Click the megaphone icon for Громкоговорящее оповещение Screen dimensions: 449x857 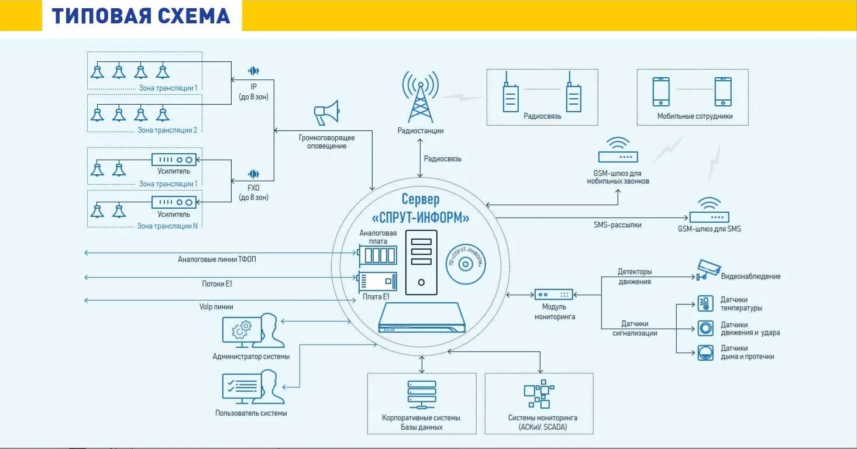(x=326, y=112)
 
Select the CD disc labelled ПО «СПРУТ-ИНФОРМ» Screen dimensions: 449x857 (x=466, y=264)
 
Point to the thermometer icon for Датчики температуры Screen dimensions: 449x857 (x=705, y=303)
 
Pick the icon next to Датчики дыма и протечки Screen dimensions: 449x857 (x=705, y=352)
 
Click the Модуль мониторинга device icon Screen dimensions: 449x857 (x=553, y=295)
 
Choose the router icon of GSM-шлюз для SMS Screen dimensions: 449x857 (x=709, y=211)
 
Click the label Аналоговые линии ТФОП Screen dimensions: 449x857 (x=217, y=259)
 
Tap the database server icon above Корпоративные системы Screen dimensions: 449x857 (x=421, y=395)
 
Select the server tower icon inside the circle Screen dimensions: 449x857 (x=421, y=263)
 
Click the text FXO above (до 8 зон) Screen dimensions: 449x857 (x=253, y=188)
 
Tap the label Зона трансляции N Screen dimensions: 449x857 (x=167, y=226)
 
